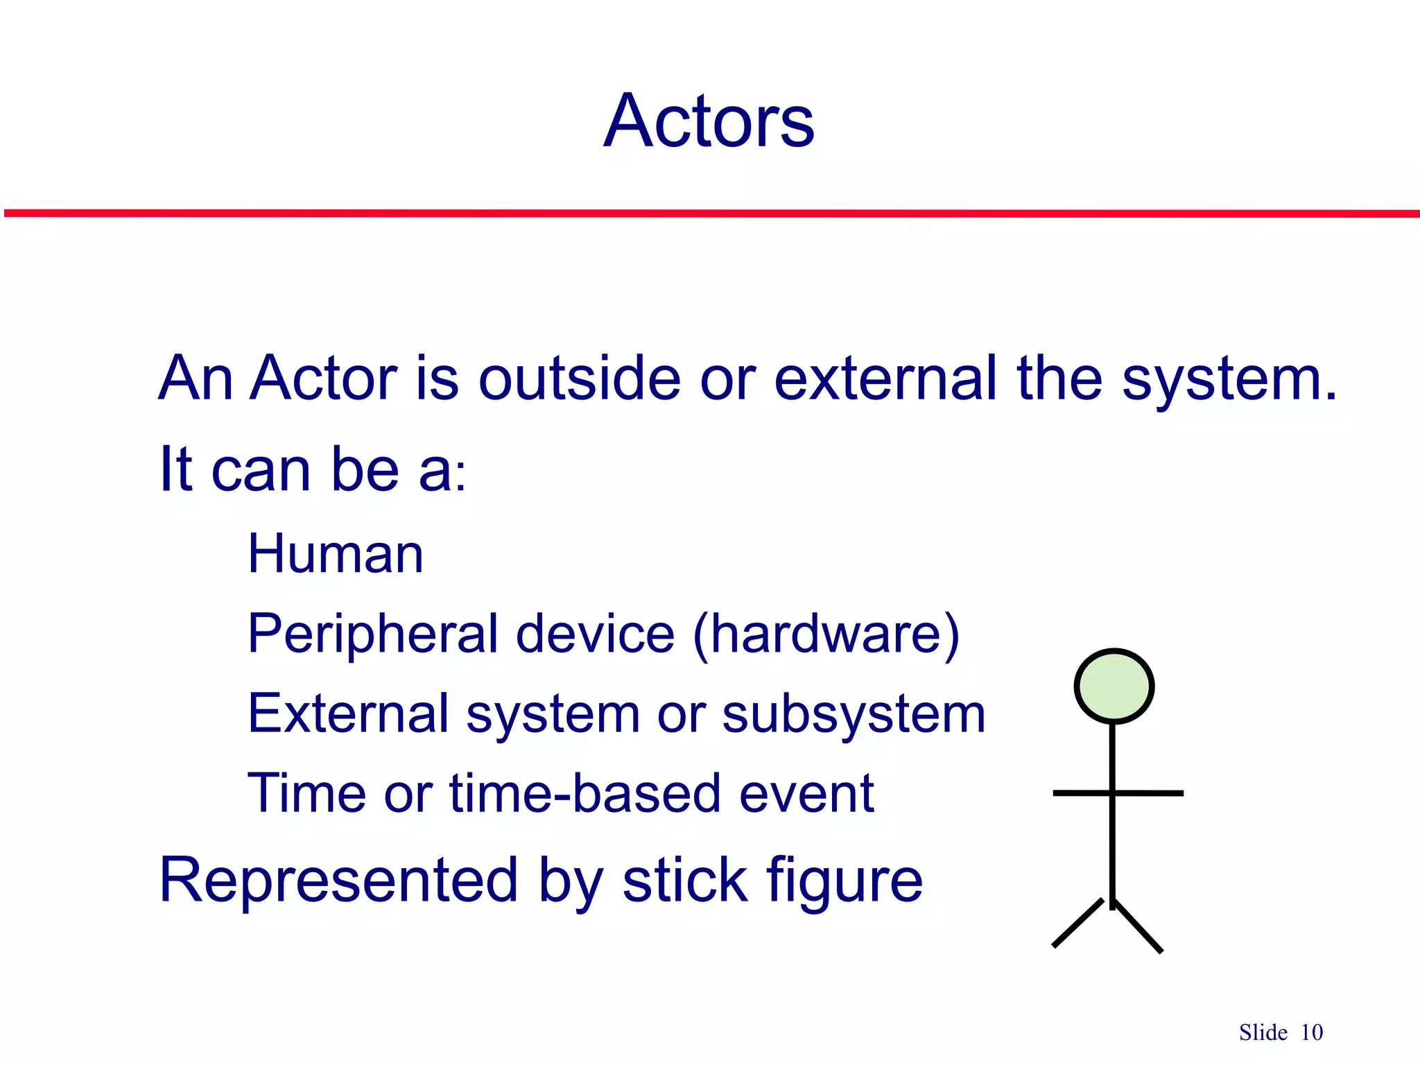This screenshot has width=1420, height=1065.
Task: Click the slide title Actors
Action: point(709,121)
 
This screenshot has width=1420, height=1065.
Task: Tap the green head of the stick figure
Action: point(1114,686)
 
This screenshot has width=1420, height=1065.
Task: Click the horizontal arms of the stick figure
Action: point(1151,793)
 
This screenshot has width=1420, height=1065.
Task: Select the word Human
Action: point(336,554)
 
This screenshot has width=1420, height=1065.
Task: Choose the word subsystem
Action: point(854,714)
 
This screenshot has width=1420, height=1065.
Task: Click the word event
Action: point(806,793)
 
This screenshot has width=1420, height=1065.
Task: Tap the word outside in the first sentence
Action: point(580,379)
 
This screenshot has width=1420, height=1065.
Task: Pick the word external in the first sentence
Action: point(885,379)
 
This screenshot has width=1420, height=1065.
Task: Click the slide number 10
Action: point(1312,1032)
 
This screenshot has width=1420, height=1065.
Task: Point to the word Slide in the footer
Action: point(1263,1032)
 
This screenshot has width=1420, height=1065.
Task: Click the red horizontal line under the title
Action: point(710,214)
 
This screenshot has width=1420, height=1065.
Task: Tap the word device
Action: point(595,634)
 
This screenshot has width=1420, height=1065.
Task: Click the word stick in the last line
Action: point(684,881)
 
